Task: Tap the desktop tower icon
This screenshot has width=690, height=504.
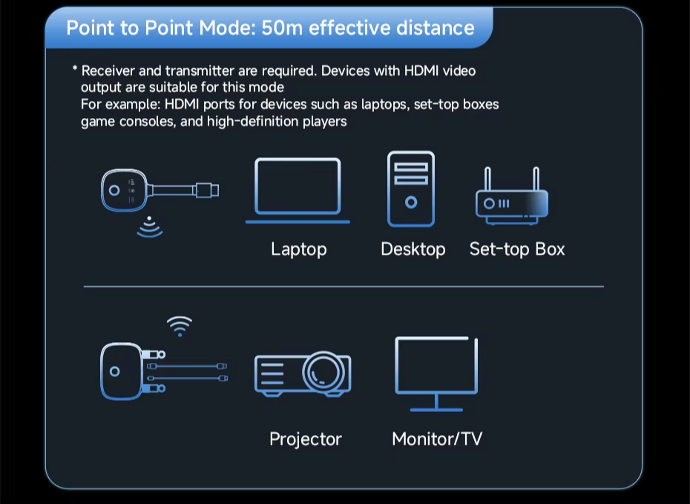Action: click(411, 189)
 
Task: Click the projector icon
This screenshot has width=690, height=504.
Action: click(303, 373)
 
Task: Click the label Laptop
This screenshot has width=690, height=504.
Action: click(299, 249)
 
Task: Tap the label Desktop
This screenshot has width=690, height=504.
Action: click(413, 249)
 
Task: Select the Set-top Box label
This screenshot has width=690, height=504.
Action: click(517, 249)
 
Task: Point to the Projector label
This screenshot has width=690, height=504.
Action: click(306, 439)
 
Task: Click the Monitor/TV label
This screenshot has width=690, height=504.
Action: click(437, 439)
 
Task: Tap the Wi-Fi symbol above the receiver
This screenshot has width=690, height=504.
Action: click(180, 326)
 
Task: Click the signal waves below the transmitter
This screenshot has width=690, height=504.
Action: click(150, 226)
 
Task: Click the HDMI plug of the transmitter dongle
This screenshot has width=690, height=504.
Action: click(207, 190)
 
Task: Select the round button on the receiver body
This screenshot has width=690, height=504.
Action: click(114, 371)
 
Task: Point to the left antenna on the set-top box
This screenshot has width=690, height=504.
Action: click(487, 178)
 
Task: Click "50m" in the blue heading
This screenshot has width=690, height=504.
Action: click(282, 27)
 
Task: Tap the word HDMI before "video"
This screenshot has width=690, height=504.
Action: click(421, 71)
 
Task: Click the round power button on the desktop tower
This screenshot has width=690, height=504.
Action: click(411, 203)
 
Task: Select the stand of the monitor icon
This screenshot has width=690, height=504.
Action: click(436, 403)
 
